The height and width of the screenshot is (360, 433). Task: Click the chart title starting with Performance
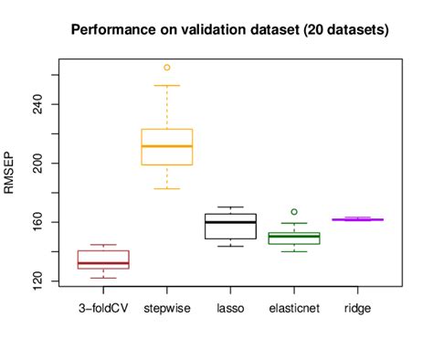(x=230, y=30)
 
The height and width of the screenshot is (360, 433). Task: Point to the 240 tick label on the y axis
(x=36, y=104)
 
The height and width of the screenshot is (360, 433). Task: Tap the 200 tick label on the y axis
(x=36, y=163)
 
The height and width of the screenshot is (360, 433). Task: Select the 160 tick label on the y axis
(x=36, y=222)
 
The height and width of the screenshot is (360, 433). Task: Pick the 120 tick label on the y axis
(x=36, y=281)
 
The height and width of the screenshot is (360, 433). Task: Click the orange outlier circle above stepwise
(x=167, y=68)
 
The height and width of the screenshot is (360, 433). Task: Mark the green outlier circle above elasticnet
(x=293, y=212)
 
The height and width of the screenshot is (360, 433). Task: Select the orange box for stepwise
(x=167, y=147)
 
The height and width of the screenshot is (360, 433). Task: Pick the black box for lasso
(x=230, y=226)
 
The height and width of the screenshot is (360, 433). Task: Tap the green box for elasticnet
(x=293, y=238)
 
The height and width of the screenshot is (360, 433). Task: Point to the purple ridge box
(x=356, y=219)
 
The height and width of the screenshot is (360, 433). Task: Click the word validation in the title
(x=206, y=30)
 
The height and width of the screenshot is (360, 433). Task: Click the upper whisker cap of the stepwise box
(x=167, y=86)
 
